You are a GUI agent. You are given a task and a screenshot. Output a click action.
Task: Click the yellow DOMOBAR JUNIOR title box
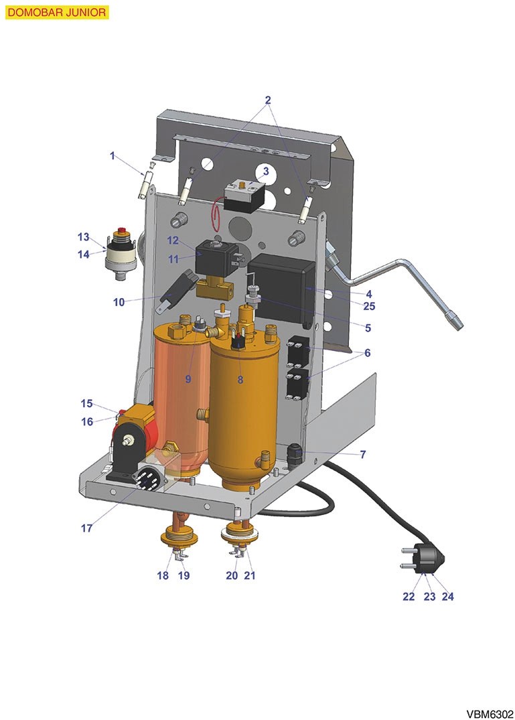coord(57,13)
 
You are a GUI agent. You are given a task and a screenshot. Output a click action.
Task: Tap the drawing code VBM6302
coord(490,714)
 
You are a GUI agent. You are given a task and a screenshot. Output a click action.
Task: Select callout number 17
coord(86,528)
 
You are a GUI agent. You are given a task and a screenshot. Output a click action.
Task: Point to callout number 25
coord(369,306)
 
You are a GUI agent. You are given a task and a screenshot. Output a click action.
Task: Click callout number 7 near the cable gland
coord(363,454)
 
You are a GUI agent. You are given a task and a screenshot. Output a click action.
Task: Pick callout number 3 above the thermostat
coord(265,172)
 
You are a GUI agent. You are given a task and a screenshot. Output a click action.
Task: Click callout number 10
coord(119,302)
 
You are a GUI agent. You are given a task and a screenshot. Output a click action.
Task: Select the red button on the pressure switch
coord(122,231)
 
